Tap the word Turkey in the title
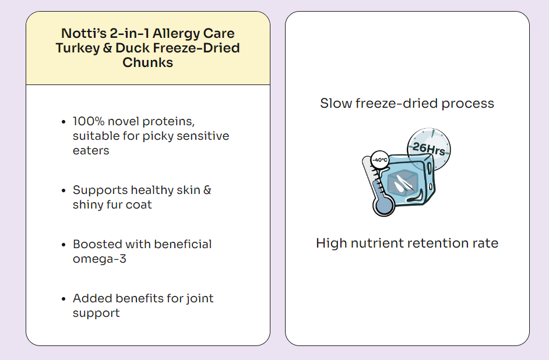pos(78,48)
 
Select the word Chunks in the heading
pos(148,62)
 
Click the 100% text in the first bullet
pos(89,121)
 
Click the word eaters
pos(91,150)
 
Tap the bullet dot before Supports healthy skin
pos(64,190)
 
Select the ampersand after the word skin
pos(207,190)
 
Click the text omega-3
pos(100,259)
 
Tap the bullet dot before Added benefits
pos(64,299)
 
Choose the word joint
pos(200,298)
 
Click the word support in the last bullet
pos(96,313)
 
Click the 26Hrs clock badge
pos(429,149)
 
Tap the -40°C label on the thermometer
pos(379,160)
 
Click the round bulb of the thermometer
pos(383,206)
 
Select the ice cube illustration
pos(407,180)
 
